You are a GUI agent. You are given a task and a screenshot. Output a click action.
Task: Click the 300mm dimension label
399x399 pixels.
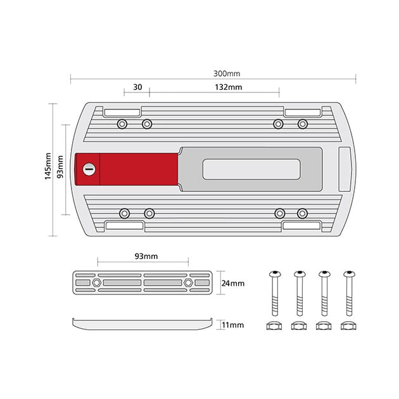click(227, 73)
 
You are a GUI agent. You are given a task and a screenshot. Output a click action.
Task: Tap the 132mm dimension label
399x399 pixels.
click(228, 87)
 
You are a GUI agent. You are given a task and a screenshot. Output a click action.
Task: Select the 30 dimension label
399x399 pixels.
click(137, 87)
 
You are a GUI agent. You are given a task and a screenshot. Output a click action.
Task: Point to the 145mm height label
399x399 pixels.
click(48, 166)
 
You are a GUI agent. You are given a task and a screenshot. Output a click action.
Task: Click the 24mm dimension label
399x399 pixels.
click(233, 283)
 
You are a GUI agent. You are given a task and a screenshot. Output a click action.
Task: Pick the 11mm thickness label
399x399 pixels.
click(232, 325)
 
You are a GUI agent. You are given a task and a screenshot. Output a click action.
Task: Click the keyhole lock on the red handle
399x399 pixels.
click(89, 169)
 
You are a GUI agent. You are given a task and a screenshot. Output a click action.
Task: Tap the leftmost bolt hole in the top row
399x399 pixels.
click(122, 124)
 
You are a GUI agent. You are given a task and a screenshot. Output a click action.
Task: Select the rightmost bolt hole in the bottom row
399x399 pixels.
click(302, 213)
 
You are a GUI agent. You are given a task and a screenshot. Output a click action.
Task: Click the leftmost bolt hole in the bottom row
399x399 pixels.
click(124, 213)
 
